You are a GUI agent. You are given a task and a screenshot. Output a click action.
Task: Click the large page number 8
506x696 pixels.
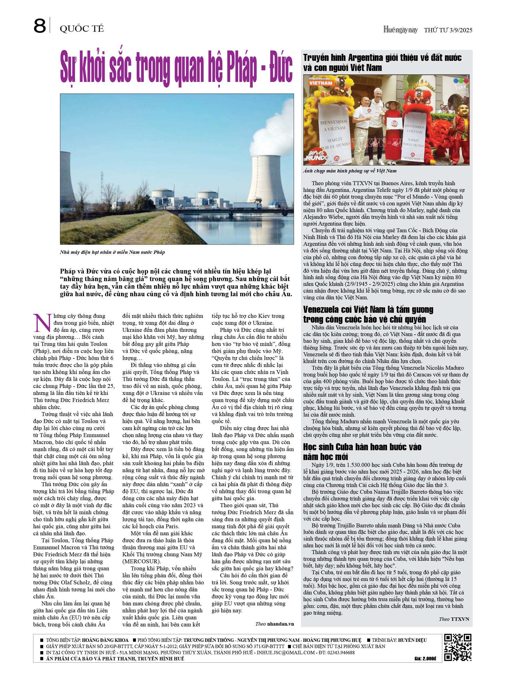pyautogui.click(x=40, y=26)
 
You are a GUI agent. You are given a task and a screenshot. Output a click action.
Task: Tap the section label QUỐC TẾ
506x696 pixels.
pyautogui.click(x=82, y=29)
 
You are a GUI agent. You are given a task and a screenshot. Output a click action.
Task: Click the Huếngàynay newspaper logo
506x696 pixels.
pyautogui.click(x=400, y=30)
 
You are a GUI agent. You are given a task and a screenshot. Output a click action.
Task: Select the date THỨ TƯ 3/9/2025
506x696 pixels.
pyautogui.click(x=448, y=30)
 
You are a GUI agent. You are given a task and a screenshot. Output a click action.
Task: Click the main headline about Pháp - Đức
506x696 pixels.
pyautogui.click(x=176, y=68)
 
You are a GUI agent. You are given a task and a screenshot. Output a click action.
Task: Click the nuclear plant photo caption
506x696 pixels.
pyautogui.click(x=112, y=252)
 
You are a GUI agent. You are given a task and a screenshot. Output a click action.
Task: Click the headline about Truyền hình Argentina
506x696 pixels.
pyautogui.click(x=382, y=62)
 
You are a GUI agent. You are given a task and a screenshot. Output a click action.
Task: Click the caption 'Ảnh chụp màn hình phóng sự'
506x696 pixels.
pyautogui.click(x=350, y=171)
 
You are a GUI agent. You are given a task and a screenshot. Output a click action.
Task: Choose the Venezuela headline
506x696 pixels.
pyautogui.click(x=368, y=314)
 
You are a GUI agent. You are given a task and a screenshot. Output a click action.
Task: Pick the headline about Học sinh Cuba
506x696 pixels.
pyautogui.click(x=362, y=451)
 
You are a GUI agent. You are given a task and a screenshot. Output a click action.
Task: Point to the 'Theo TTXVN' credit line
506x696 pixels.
pyautogui.click(x=453, y=619)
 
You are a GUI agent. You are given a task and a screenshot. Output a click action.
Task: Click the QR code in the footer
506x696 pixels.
pyautogui.click(x=458, y=647)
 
